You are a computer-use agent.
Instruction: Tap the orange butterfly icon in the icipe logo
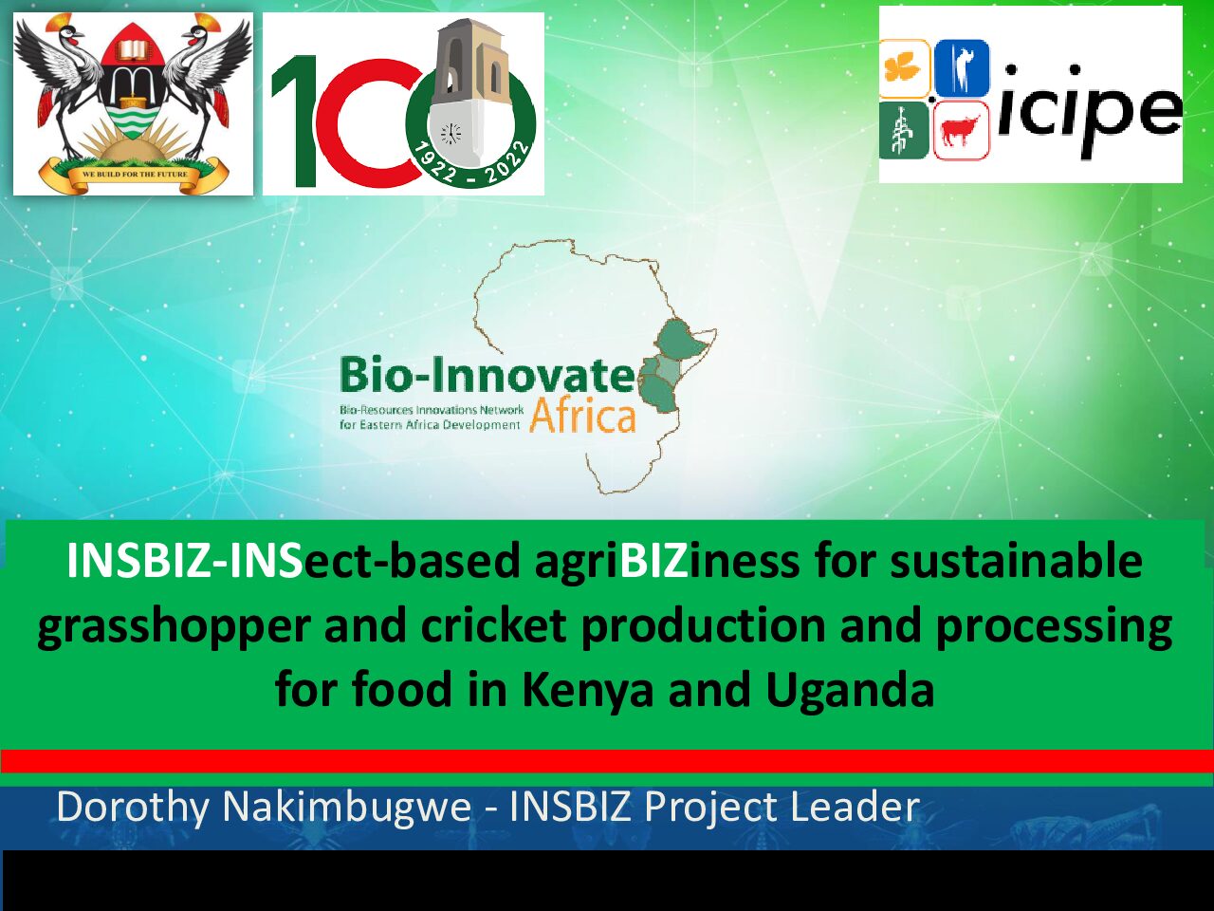tap(904, 69)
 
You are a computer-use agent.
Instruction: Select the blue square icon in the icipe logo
tap(962, 68)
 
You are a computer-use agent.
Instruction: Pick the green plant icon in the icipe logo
tap(904, 131)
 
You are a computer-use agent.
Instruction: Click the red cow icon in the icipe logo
tap(961, 131)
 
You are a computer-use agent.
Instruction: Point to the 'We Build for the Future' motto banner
tap(135, 173)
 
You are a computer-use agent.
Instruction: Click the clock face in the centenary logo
tap(451, 133)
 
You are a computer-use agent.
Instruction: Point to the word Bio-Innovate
tap(487, 376)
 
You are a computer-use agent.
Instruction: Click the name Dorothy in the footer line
tap(133, 809)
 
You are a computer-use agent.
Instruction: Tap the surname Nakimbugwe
tap(347, 807)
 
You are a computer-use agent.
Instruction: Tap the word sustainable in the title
tap(1016, 560)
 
